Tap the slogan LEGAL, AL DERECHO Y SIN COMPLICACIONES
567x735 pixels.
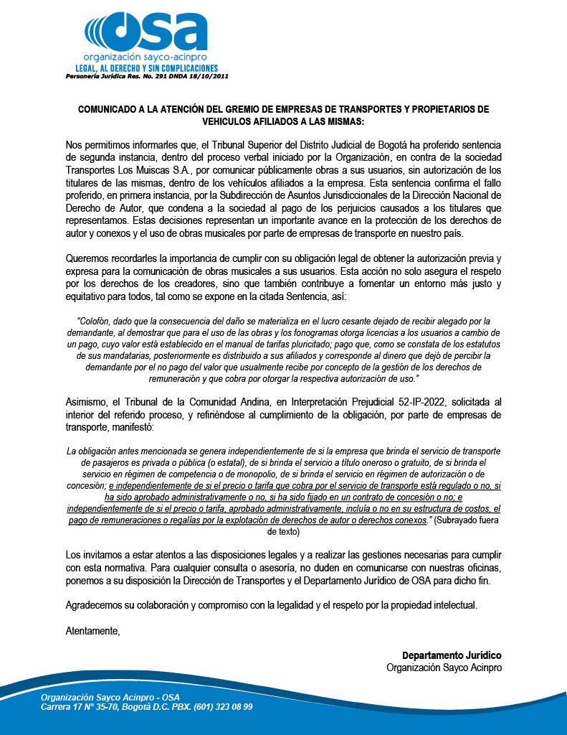click(x=147, y=67)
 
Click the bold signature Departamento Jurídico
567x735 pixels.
click(x=452, y=655)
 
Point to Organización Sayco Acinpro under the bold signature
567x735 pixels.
click(x=444, y=668)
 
